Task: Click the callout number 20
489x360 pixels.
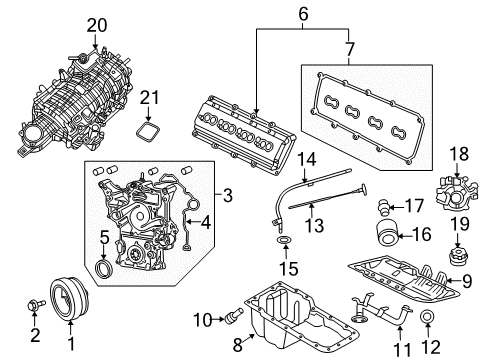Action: coord(96,24)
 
